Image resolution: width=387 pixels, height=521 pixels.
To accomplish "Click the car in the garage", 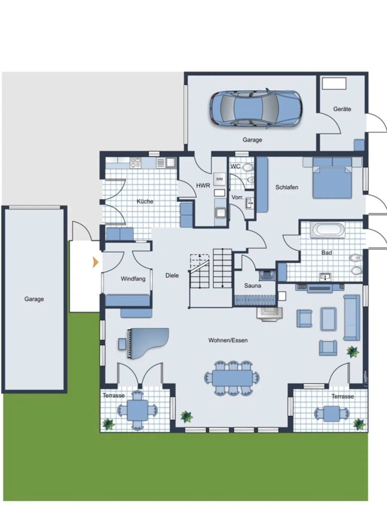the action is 256,108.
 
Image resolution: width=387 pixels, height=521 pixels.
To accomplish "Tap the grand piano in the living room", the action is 148,343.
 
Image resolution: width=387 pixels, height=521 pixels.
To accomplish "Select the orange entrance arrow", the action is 96,262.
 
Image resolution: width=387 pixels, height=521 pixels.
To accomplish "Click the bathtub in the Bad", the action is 328,230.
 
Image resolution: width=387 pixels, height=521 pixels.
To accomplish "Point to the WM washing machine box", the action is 220,179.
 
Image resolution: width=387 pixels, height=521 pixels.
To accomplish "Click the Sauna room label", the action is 253,286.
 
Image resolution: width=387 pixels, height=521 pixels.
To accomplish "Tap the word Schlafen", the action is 287,187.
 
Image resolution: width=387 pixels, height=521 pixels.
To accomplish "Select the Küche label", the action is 145,201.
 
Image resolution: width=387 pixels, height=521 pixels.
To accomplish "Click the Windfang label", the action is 133,279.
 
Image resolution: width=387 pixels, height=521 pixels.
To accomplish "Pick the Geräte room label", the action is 342,109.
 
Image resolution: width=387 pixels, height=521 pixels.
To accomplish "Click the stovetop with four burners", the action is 136,163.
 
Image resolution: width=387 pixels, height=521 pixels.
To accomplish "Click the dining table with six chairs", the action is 232,378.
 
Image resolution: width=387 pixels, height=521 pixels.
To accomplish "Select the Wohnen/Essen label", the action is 228,340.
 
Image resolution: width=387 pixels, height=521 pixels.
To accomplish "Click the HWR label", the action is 203,185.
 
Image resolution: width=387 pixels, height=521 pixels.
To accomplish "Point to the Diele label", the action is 172,275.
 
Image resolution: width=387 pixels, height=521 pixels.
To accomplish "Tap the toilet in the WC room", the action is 248,167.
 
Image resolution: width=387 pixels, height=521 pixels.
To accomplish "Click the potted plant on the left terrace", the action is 108,424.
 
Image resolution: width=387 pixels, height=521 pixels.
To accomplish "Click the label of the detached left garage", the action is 34,299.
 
